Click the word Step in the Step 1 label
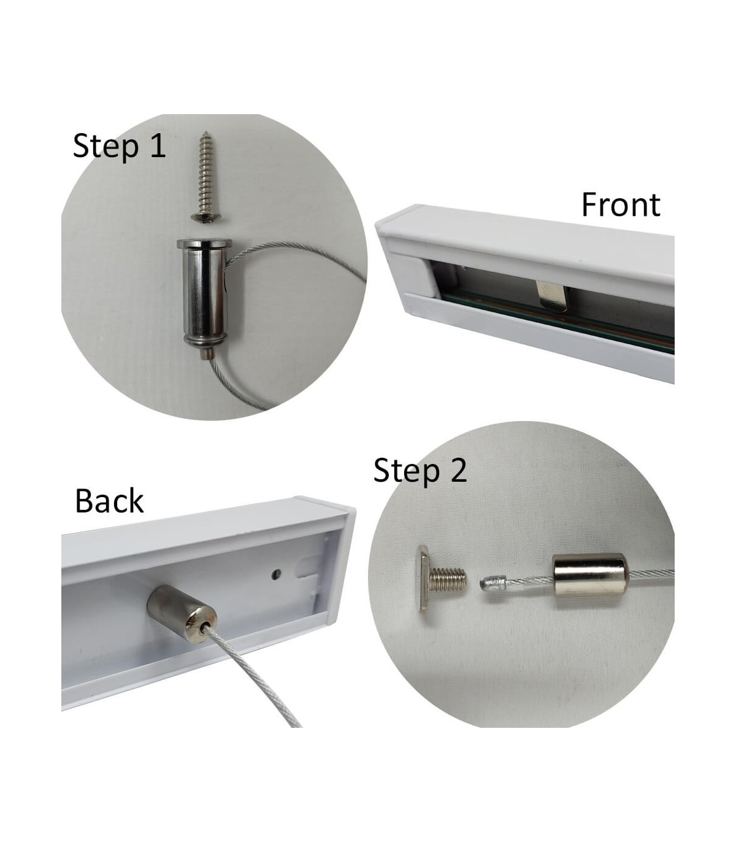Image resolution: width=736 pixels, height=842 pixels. [x=105, y=147]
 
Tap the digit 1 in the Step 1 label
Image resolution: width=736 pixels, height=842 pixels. [x=158, y=145]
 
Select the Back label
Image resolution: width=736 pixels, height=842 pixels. [x=109, y=501]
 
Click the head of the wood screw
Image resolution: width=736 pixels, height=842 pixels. [x=205, y=217]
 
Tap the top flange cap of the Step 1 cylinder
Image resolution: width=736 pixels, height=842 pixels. [x=205, y=243]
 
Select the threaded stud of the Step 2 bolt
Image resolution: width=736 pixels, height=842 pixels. [x=448, y=579]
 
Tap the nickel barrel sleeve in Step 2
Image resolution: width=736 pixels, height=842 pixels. [x=590, y=580]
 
